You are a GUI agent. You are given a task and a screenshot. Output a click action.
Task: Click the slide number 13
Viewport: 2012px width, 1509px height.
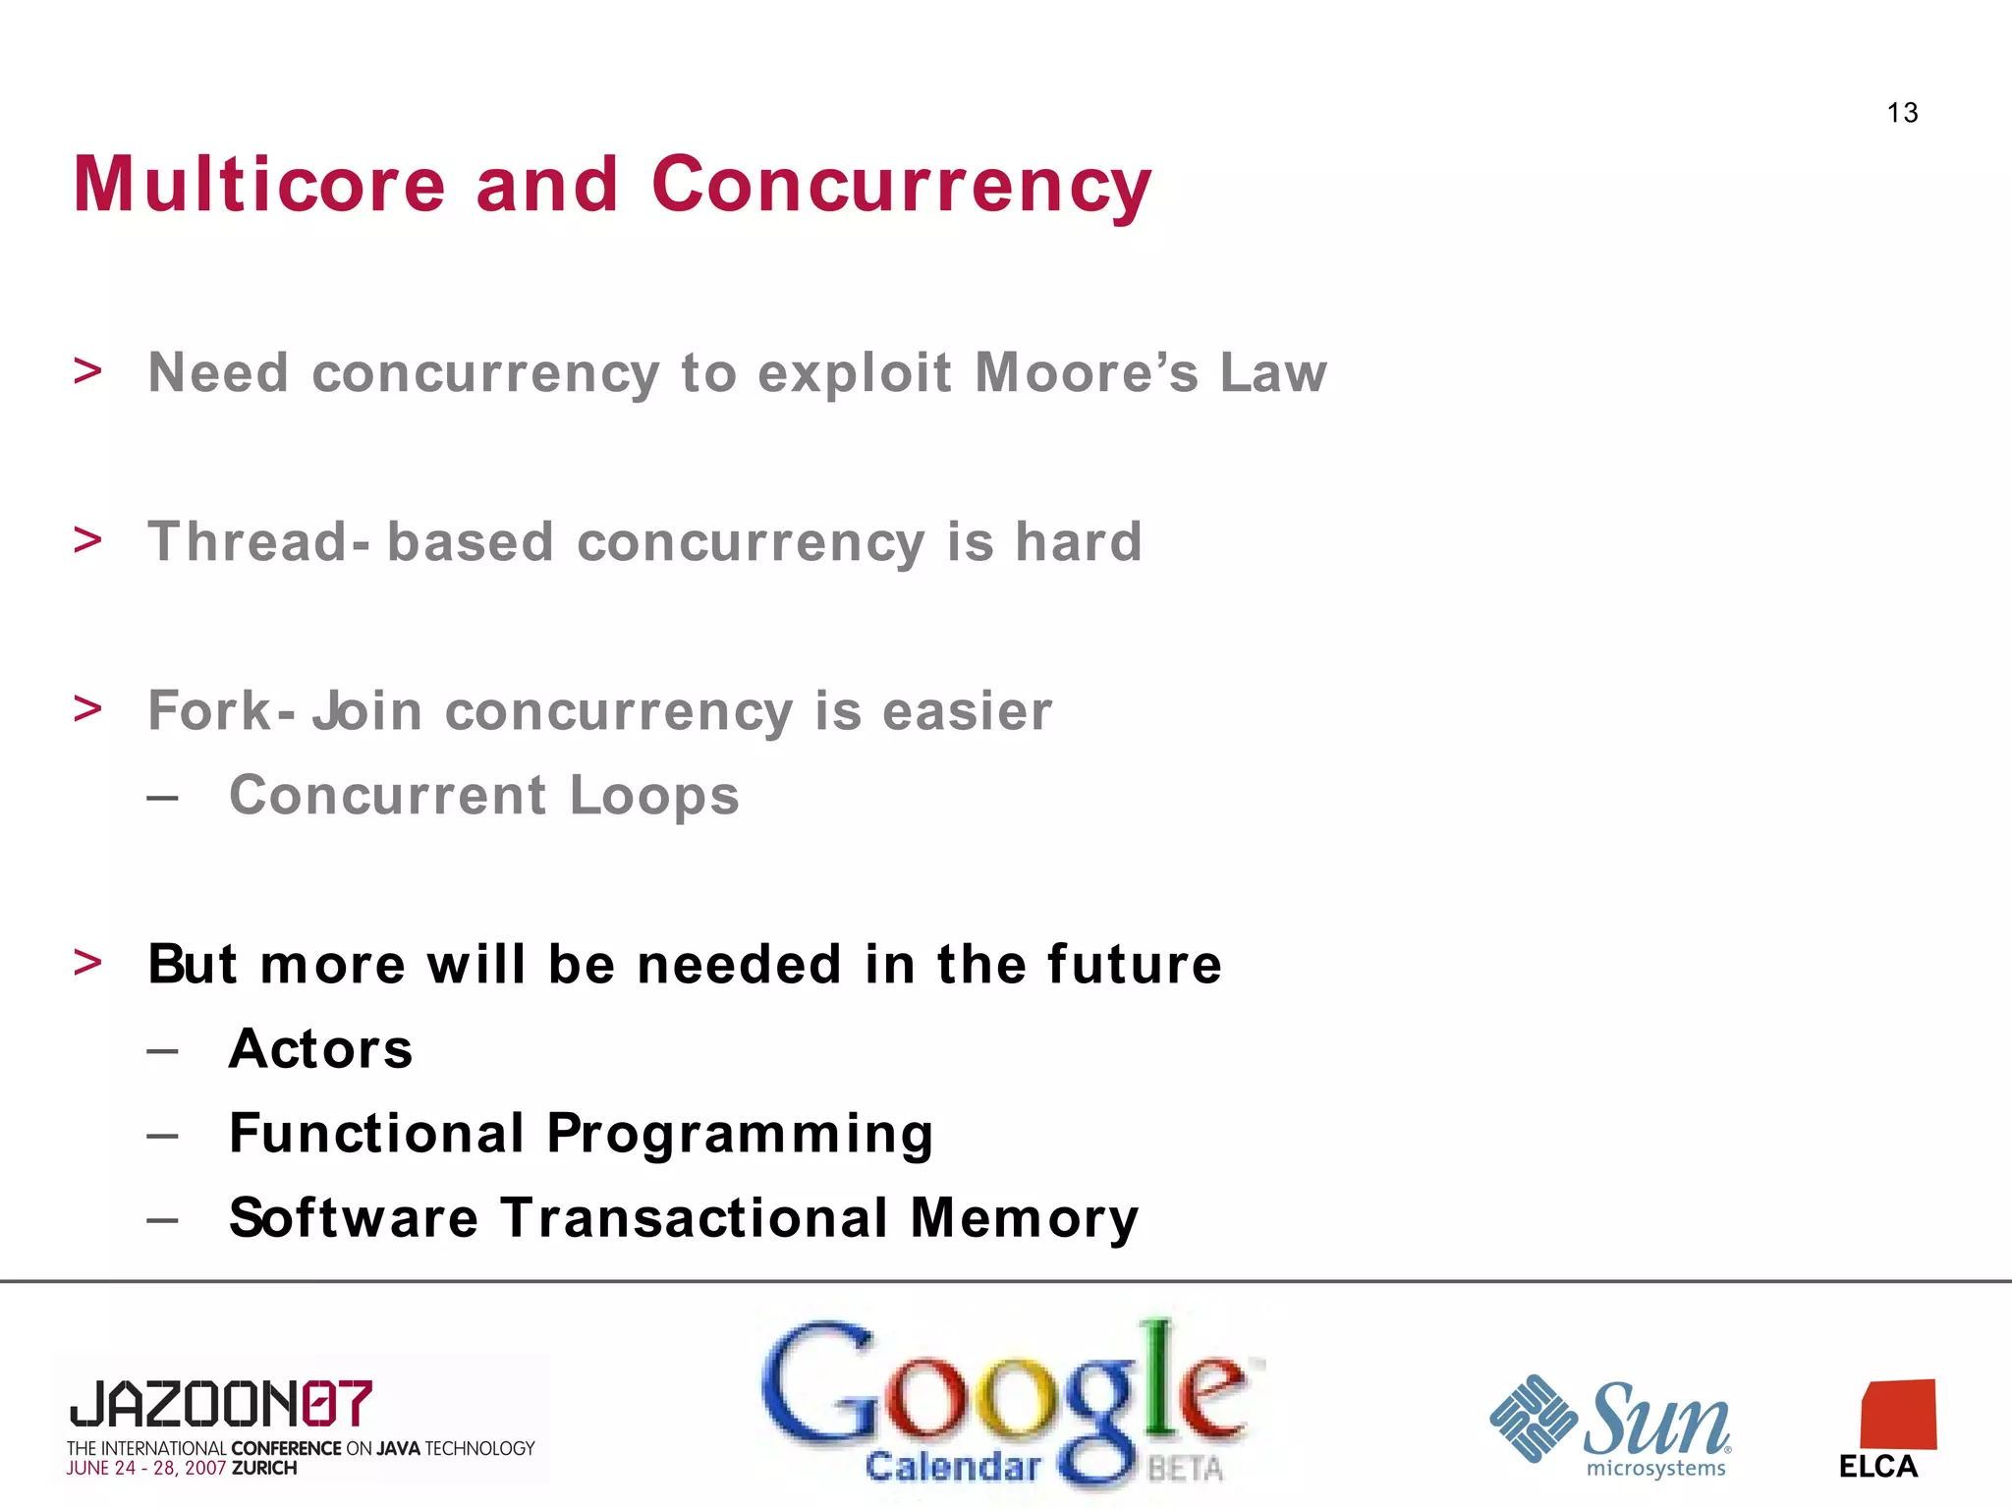coord(1902,113)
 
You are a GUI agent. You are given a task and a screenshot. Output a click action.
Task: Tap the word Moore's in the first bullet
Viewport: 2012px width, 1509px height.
coord(1087,373)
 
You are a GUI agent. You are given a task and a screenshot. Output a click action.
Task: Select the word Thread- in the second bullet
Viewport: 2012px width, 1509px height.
coord(259,542)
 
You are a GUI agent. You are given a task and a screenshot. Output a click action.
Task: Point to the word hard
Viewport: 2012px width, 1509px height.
coord(1078,542)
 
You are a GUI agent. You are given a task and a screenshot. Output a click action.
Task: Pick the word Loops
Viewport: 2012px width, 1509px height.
coord(654,796)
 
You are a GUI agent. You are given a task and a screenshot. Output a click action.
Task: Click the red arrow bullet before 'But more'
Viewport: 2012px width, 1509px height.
coord(87,963)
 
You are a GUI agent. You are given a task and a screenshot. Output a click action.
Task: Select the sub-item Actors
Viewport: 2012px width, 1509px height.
coord(321,1049)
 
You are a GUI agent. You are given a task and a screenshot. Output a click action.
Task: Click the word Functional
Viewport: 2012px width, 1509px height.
coord(377,1134)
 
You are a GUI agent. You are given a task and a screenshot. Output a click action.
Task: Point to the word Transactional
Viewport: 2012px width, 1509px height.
coord(694,1218)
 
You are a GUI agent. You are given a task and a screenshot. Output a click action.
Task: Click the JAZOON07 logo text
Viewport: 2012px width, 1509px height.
coord(221,1404)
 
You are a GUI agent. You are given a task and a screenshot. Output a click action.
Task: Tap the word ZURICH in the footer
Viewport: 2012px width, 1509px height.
coord(264,1469)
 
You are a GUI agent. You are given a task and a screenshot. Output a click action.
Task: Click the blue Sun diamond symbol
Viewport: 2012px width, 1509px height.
coord(1533,1419)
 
